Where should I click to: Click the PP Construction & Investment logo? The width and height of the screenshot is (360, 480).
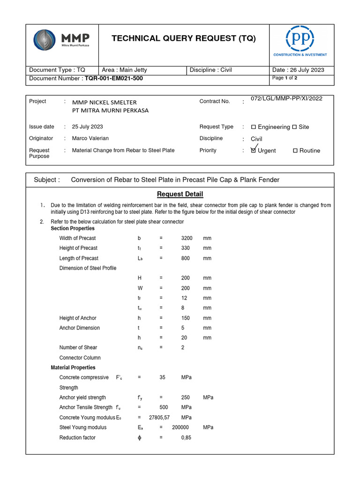pos(300,39)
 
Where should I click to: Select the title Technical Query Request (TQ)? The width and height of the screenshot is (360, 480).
pos(184,38)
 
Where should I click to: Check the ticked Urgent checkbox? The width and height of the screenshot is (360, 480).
pos(254,150)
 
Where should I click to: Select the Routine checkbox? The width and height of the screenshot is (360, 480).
pos(295,151)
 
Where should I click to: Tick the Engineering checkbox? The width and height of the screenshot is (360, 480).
pos(254,127)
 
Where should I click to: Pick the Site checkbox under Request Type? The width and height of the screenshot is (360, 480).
pos(294,127)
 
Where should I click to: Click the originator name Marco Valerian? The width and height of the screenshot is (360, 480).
pos(93,138)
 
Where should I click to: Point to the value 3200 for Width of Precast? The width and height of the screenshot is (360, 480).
pos(187,238)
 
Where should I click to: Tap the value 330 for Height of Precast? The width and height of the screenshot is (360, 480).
pos(186,248)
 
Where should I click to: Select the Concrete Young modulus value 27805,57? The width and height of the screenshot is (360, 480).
pos(159,417)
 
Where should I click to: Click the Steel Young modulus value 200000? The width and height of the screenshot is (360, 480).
pos(180,427)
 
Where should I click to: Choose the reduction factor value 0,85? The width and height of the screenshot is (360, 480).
pos(186,437)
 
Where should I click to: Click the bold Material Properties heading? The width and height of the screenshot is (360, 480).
pos(73,367)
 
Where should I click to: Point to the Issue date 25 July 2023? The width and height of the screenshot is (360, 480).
pos(88,127)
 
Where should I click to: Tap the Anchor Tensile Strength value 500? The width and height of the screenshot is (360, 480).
pos(164,407)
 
